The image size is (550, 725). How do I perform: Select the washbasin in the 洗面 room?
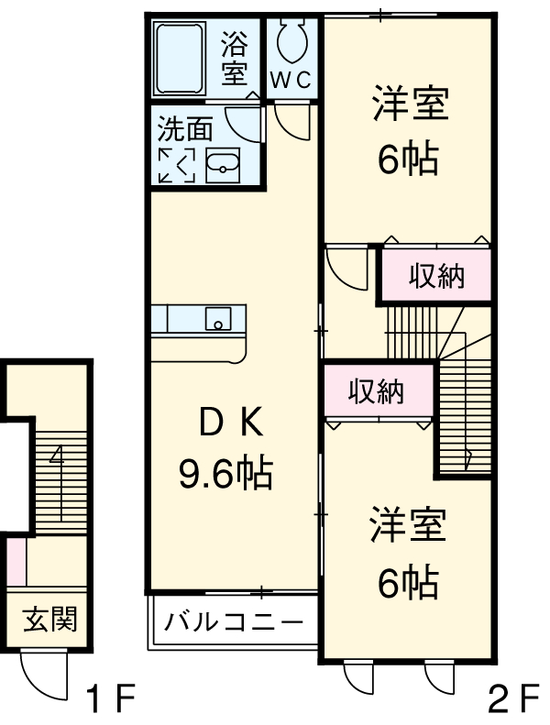(x=223, y=165)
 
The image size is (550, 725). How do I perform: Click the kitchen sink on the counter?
(x=218, y=320)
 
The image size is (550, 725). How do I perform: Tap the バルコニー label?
(x=234, y=623)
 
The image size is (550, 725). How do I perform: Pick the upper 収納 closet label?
(x=436, y=276)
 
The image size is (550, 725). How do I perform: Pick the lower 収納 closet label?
(x=376, y=391)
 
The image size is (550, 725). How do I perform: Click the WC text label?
(x=291, y=80)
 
